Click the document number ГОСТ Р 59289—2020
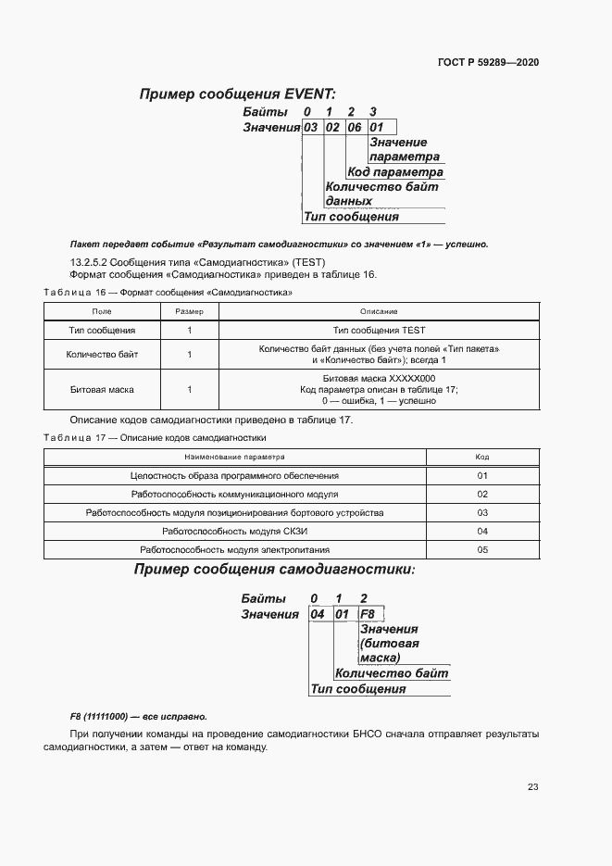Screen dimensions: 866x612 pyautogui.click(x=488, y=63)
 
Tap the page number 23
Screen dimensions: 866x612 pyautogui.click(x=532, y=787)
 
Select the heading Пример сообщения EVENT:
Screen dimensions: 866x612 pyautogui.click(x=237, y=94)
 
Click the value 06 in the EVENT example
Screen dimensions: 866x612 pyautogui.click(x=354, y=128)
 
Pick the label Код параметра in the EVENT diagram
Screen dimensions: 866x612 pyautogui.click(x=395, y=172)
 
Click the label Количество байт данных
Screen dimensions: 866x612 pyautogui.click(x=381, y=194)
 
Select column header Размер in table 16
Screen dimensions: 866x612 pyautogui.click(x=189, y=311)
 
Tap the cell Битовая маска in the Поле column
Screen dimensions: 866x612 pyautogui.click(x=102, y=390)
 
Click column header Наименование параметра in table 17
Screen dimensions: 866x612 pyautogui.click(x=234, y=457)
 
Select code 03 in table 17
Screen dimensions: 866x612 pyautogui.click(x=481, y=512)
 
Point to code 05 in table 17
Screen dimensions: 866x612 pyautogui.click(x=481, y=549)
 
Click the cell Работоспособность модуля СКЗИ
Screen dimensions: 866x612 pyautogui.click(x=234, y=531)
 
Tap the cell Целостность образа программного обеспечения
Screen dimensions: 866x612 pyautogui.click(x=234, y=475)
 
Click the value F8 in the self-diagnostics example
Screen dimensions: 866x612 pyautogui.click(x=367, y=614)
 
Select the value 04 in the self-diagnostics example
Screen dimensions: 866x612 pyautogui.click(x=318, y=614)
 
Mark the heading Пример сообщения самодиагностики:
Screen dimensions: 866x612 pyautogui.click(x=274, y=570)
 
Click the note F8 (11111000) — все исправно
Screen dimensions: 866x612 pyautogui.click(x=139, y=717)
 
